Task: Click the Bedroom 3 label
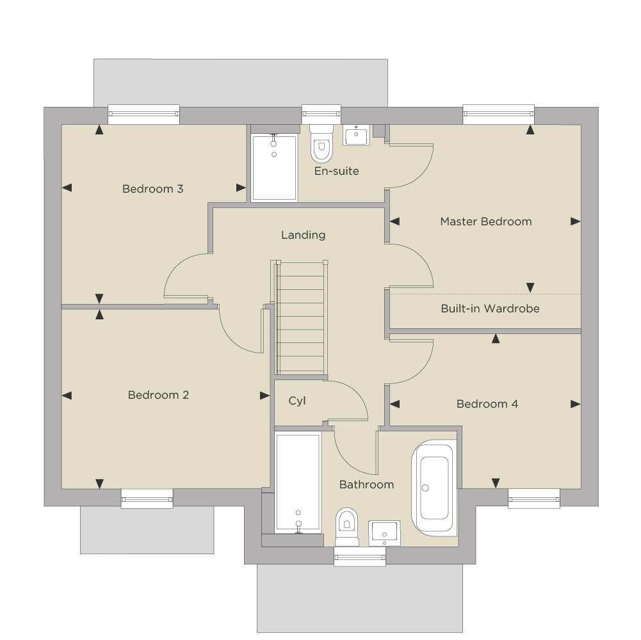(x=152, y=189)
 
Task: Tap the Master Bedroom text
(x=485, y=221)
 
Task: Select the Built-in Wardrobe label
(x=490, y=308)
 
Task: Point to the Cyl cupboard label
(x=296, y=401)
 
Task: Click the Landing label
(x=304, y=235)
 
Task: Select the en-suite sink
(x=356, y=135)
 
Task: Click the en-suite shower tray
(x=274, y=168)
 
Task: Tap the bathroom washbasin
(x=384, y=533)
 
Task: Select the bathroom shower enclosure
(x=298, y=483)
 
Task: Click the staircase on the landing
(x=301, y=317)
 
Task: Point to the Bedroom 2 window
(x=147, y=499)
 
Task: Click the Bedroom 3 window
(x=143, y=114)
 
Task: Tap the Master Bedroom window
(x=498, y=114)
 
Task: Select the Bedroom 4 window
(x=534, y=499)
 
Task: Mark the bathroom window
(x=360, y=557)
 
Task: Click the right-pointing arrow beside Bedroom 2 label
(x=264, y=396)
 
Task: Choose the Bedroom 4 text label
(x=487, y=404)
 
